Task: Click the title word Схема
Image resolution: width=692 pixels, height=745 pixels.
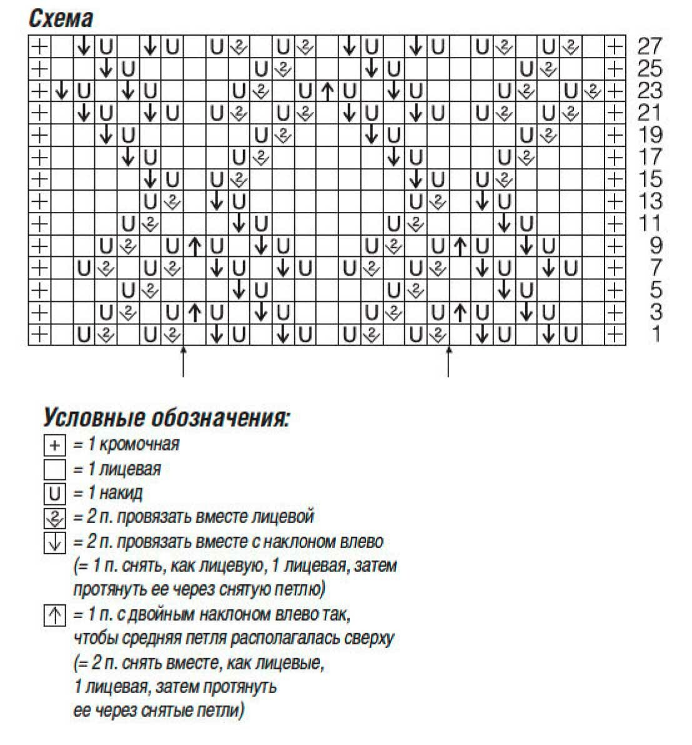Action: point(61,19)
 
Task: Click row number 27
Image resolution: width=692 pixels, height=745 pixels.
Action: point(650,46)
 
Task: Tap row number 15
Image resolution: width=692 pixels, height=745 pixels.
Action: point(650,179)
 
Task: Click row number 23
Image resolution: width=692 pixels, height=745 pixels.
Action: point(650,91)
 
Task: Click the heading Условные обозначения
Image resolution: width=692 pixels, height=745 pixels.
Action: point(166,418)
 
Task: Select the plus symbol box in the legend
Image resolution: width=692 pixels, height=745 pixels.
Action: point(55,445)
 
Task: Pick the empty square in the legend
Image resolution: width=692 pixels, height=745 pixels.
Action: point(55,469)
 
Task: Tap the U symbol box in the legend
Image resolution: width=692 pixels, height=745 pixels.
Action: point(55,494)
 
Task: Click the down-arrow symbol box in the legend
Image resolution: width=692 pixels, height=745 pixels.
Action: point(55,542)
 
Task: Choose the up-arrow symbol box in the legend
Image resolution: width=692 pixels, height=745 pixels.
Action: point(55,616)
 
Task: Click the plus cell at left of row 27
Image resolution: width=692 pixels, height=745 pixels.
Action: point(39,46)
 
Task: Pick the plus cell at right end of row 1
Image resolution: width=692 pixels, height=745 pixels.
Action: point(615,335)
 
